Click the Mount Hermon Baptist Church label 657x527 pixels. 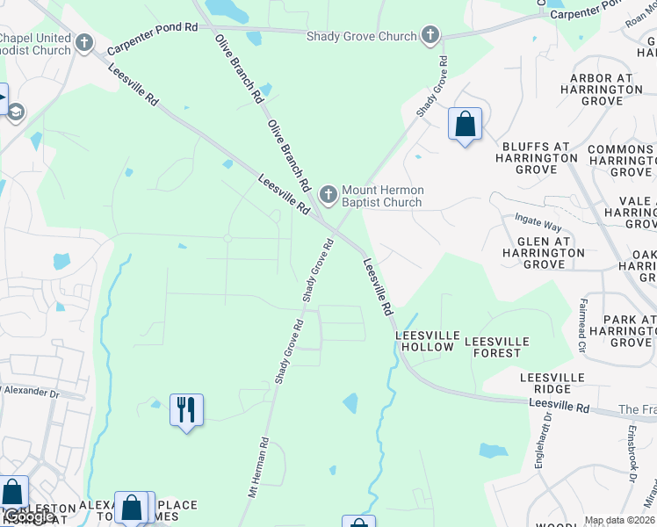pyautogui.click(x=382, y=196)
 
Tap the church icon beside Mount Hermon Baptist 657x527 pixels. pyautogui.click(x=328, y=193)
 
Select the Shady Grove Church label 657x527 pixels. pyautogui.click(x=361, y=36)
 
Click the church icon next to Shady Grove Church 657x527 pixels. pyautogui.click(x=430, y=35)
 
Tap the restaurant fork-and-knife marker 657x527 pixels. pyautogui.click(x=186, y=410)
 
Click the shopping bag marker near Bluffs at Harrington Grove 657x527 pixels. pyautogui.click(x=465, y=124)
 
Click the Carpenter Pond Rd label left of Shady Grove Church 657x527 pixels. pyautogui.click(x=153, y=27)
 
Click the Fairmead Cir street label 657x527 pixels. pyautogui.click(x=581, y=325)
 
